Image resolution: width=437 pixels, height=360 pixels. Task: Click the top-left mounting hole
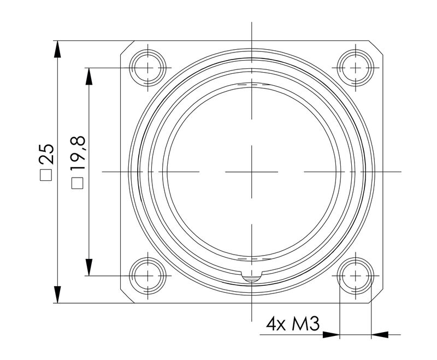[147, 67]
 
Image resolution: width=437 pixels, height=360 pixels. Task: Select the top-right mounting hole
[356, 67]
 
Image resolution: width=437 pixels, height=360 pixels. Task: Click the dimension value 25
[48, 155]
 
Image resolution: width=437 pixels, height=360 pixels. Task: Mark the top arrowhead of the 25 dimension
[57, 48]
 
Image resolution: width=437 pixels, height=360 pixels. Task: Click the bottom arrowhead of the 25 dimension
[57, 295]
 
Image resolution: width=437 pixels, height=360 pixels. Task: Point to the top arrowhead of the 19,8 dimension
[87, 75]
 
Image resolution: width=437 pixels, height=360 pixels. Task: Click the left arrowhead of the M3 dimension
[331, 334]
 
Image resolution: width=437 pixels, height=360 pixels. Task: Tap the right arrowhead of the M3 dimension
[380, 334]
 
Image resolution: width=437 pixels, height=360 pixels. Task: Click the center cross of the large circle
[252, 172]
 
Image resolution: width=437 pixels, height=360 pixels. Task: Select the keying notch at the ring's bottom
[252, 278]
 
